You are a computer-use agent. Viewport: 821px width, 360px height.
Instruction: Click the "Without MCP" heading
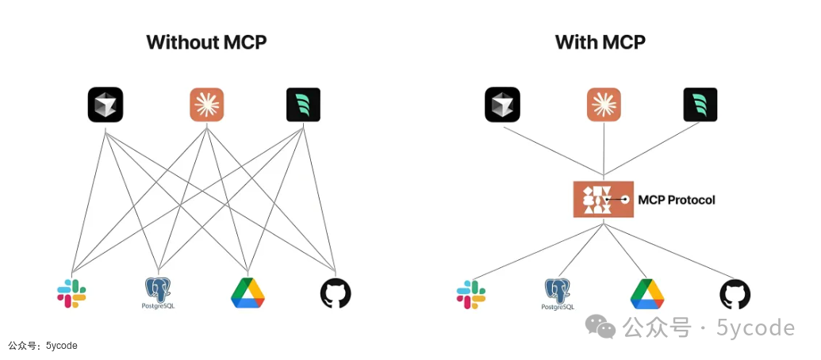tap(206, 42)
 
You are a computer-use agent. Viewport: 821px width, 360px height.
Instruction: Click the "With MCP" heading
tap(600, 42)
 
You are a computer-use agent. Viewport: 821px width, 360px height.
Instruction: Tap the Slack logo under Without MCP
tap(71, 293)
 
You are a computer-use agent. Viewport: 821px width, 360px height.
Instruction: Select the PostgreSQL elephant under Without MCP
tap(159, 293)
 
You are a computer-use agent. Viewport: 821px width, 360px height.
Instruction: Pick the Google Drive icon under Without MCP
tap(247, 293)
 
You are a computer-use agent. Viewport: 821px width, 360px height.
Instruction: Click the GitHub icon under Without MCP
tap(336, 293)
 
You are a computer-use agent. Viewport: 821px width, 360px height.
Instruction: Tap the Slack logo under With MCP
tap(470, 293)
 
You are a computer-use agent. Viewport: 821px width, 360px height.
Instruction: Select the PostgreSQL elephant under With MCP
tap(558, 293)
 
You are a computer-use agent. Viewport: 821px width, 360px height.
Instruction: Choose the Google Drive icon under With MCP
tap(647, 293)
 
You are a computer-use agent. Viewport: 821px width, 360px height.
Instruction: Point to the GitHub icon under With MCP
tap(735, 293)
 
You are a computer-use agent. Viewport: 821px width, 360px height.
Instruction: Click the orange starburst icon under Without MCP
tap(207, 105)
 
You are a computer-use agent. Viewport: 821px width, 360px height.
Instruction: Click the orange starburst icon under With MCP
tap(604, 105)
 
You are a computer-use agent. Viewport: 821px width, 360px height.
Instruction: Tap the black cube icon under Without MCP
tap(106, 105)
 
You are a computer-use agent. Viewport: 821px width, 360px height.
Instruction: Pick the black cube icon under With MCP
tap(502, 105)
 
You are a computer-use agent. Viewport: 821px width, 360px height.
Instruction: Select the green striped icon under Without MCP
tap(303, 105)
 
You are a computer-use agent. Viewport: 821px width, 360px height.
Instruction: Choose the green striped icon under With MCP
tap(700, 105)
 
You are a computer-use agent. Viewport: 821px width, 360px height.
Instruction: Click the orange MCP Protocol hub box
tap(603, 200)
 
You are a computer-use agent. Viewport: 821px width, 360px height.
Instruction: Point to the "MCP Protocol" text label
tap(677, 200)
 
